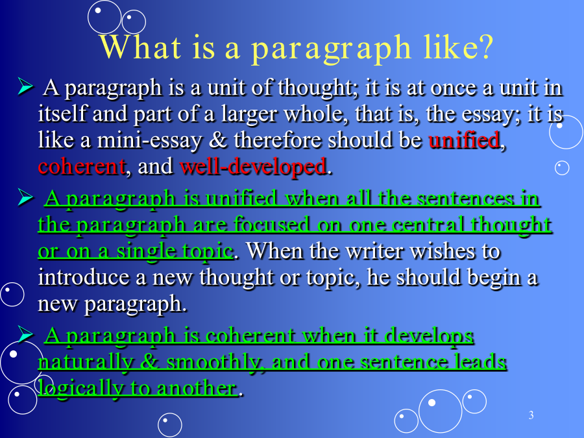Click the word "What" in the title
pyautogui.click(x=140, y=47)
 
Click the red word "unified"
pyautogui.click(x=464, y=140)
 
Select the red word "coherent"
pyautogui.click(x=82, y=167)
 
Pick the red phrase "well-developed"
pyautogui.click(x=253, y=166)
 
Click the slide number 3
pyautogui.click(x=531, y=415)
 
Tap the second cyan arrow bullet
pyautogui.click(x=25, y=197)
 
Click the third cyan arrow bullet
pyautogui.click(x=25, y=334)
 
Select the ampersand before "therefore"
pyautogui.click(x=217, y=140)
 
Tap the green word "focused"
pyautogui.click(x=271, y=225)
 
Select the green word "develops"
pyautogui.click(x=429, y=335)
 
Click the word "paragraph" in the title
pyautogui.click(x=331, y=49)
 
